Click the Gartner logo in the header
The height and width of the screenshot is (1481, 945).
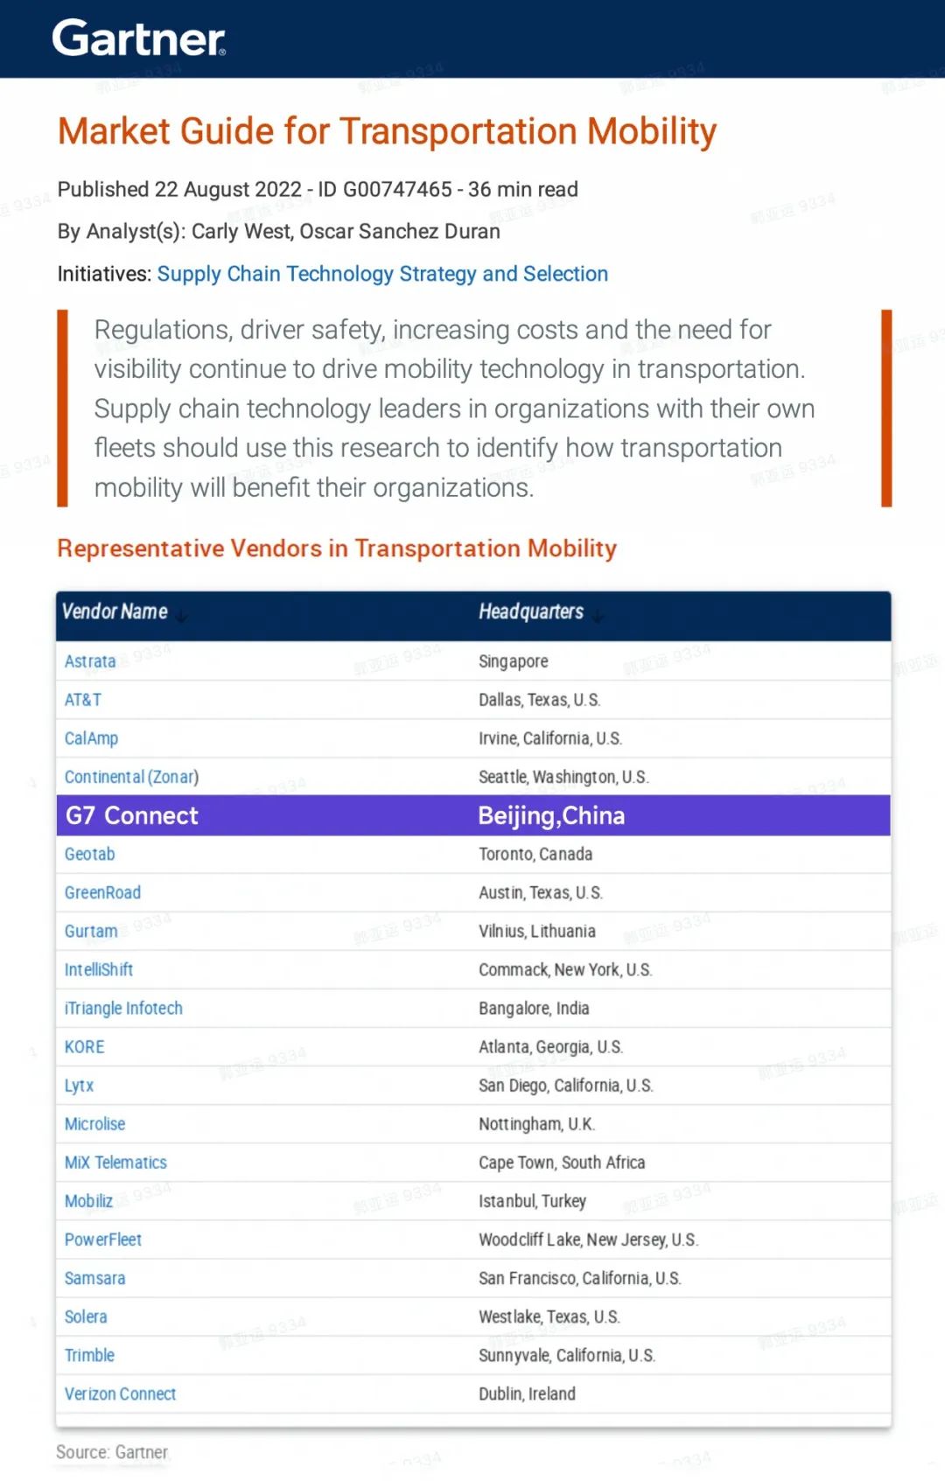[138, 38]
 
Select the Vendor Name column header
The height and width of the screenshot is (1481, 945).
[115, 611]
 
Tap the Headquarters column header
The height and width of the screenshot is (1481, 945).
[530, 611]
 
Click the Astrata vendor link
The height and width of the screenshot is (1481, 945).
[90, 661]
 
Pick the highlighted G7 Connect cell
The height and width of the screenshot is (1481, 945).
[132, 815]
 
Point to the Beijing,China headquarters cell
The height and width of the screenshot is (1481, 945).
[551, 815]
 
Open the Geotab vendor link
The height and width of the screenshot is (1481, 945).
[89, 854]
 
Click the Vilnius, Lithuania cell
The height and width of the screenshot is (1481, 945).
[536, 931]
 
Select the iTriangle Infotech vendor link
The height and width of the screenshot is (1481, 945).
[123, 1008]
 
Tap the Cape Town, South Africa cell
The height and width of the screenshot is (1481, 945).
[561, 1163]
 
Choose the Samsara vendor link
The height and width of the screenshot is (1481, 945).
[94, 1278]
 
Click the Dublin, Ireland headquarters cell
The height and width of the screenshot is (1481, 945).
[527, 1394]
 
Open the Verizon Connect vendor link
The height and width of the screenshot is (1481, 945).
[120, 1394]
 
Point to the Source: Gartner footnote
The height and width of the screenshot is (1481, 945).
[112, 1452]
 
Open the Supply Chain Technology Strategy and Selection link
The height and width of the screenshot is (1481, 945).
[382, 274]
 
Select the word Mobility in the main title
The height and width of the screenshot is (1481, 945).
[651, 131]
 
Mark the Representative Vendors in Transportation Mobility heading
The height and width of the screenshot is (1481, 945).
[337, 548]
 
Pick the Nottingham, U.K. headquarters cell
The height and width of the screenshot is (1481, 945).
[536, 1124]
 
